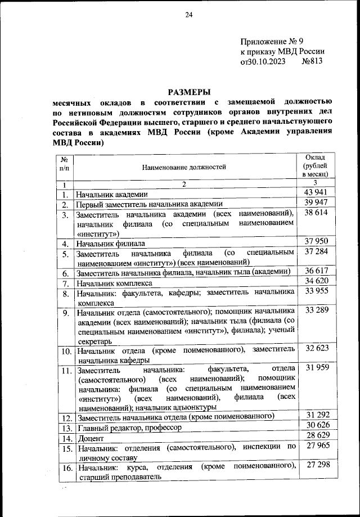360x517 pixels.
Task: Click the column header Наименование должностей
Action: [183, 167]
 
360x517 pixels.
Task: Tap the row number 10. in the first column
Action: [66, 352]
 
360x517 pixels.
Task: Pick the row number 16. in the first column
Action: [66, 468]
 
